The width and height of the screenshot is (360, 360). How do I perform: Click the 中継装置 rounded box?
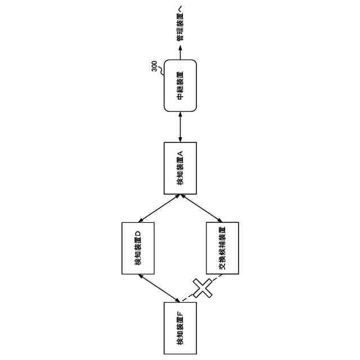point(180,85)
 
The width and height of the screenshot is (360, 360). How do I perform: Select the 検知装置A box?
point(180,168)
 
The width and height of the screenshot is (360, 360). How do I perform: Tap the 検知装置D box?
point(138,249)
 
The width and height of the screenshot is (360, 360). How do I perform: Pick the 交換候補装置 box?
point(222,249)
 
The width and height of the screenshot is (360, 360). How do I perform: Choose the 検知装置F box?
point(180,328)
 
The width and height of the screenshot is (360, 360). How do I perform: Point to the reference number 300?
point(154,65)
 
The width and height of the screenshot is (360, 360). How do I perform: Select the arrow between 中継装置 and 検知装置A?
point(180,127)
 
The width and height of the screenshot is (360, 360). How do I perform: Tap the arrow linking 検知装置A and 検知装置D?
point(159,208)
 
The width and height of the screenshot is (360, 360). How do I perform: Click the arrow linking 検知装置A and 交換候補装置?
point(201,208)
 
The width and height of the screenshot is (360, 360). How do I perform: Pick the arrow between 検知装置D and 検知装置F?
point(159,288)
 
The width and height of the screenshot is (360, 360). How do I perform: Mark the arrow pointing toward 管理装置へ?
point(180,52)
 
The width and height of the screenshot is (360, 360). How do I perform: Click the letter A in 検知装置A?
point(180,153)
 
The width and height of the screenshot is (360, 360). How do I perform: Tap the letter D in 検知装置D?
point(138,233)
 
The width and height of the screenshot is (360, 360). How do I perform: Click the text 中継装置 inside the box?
point(180,85)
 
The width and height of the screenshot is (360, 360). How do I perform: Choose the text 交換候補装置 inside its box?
point(222,249)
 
